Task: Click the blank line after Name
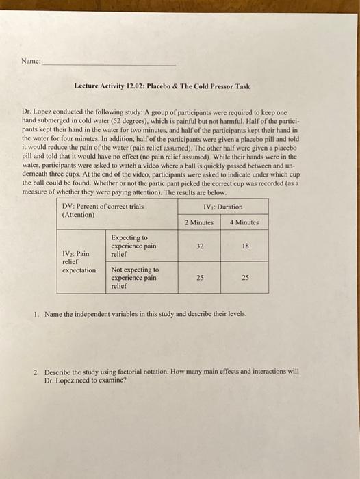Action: coord(110,62)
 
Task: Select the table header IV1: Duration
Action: coord(222,206)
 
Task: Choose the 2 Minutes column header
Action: coord(199,222)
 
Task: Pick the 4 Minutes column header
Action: coord(244,222)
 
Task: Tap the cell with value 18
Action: coord(244,245)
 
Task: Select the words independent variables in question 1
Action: coord(107,315)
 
